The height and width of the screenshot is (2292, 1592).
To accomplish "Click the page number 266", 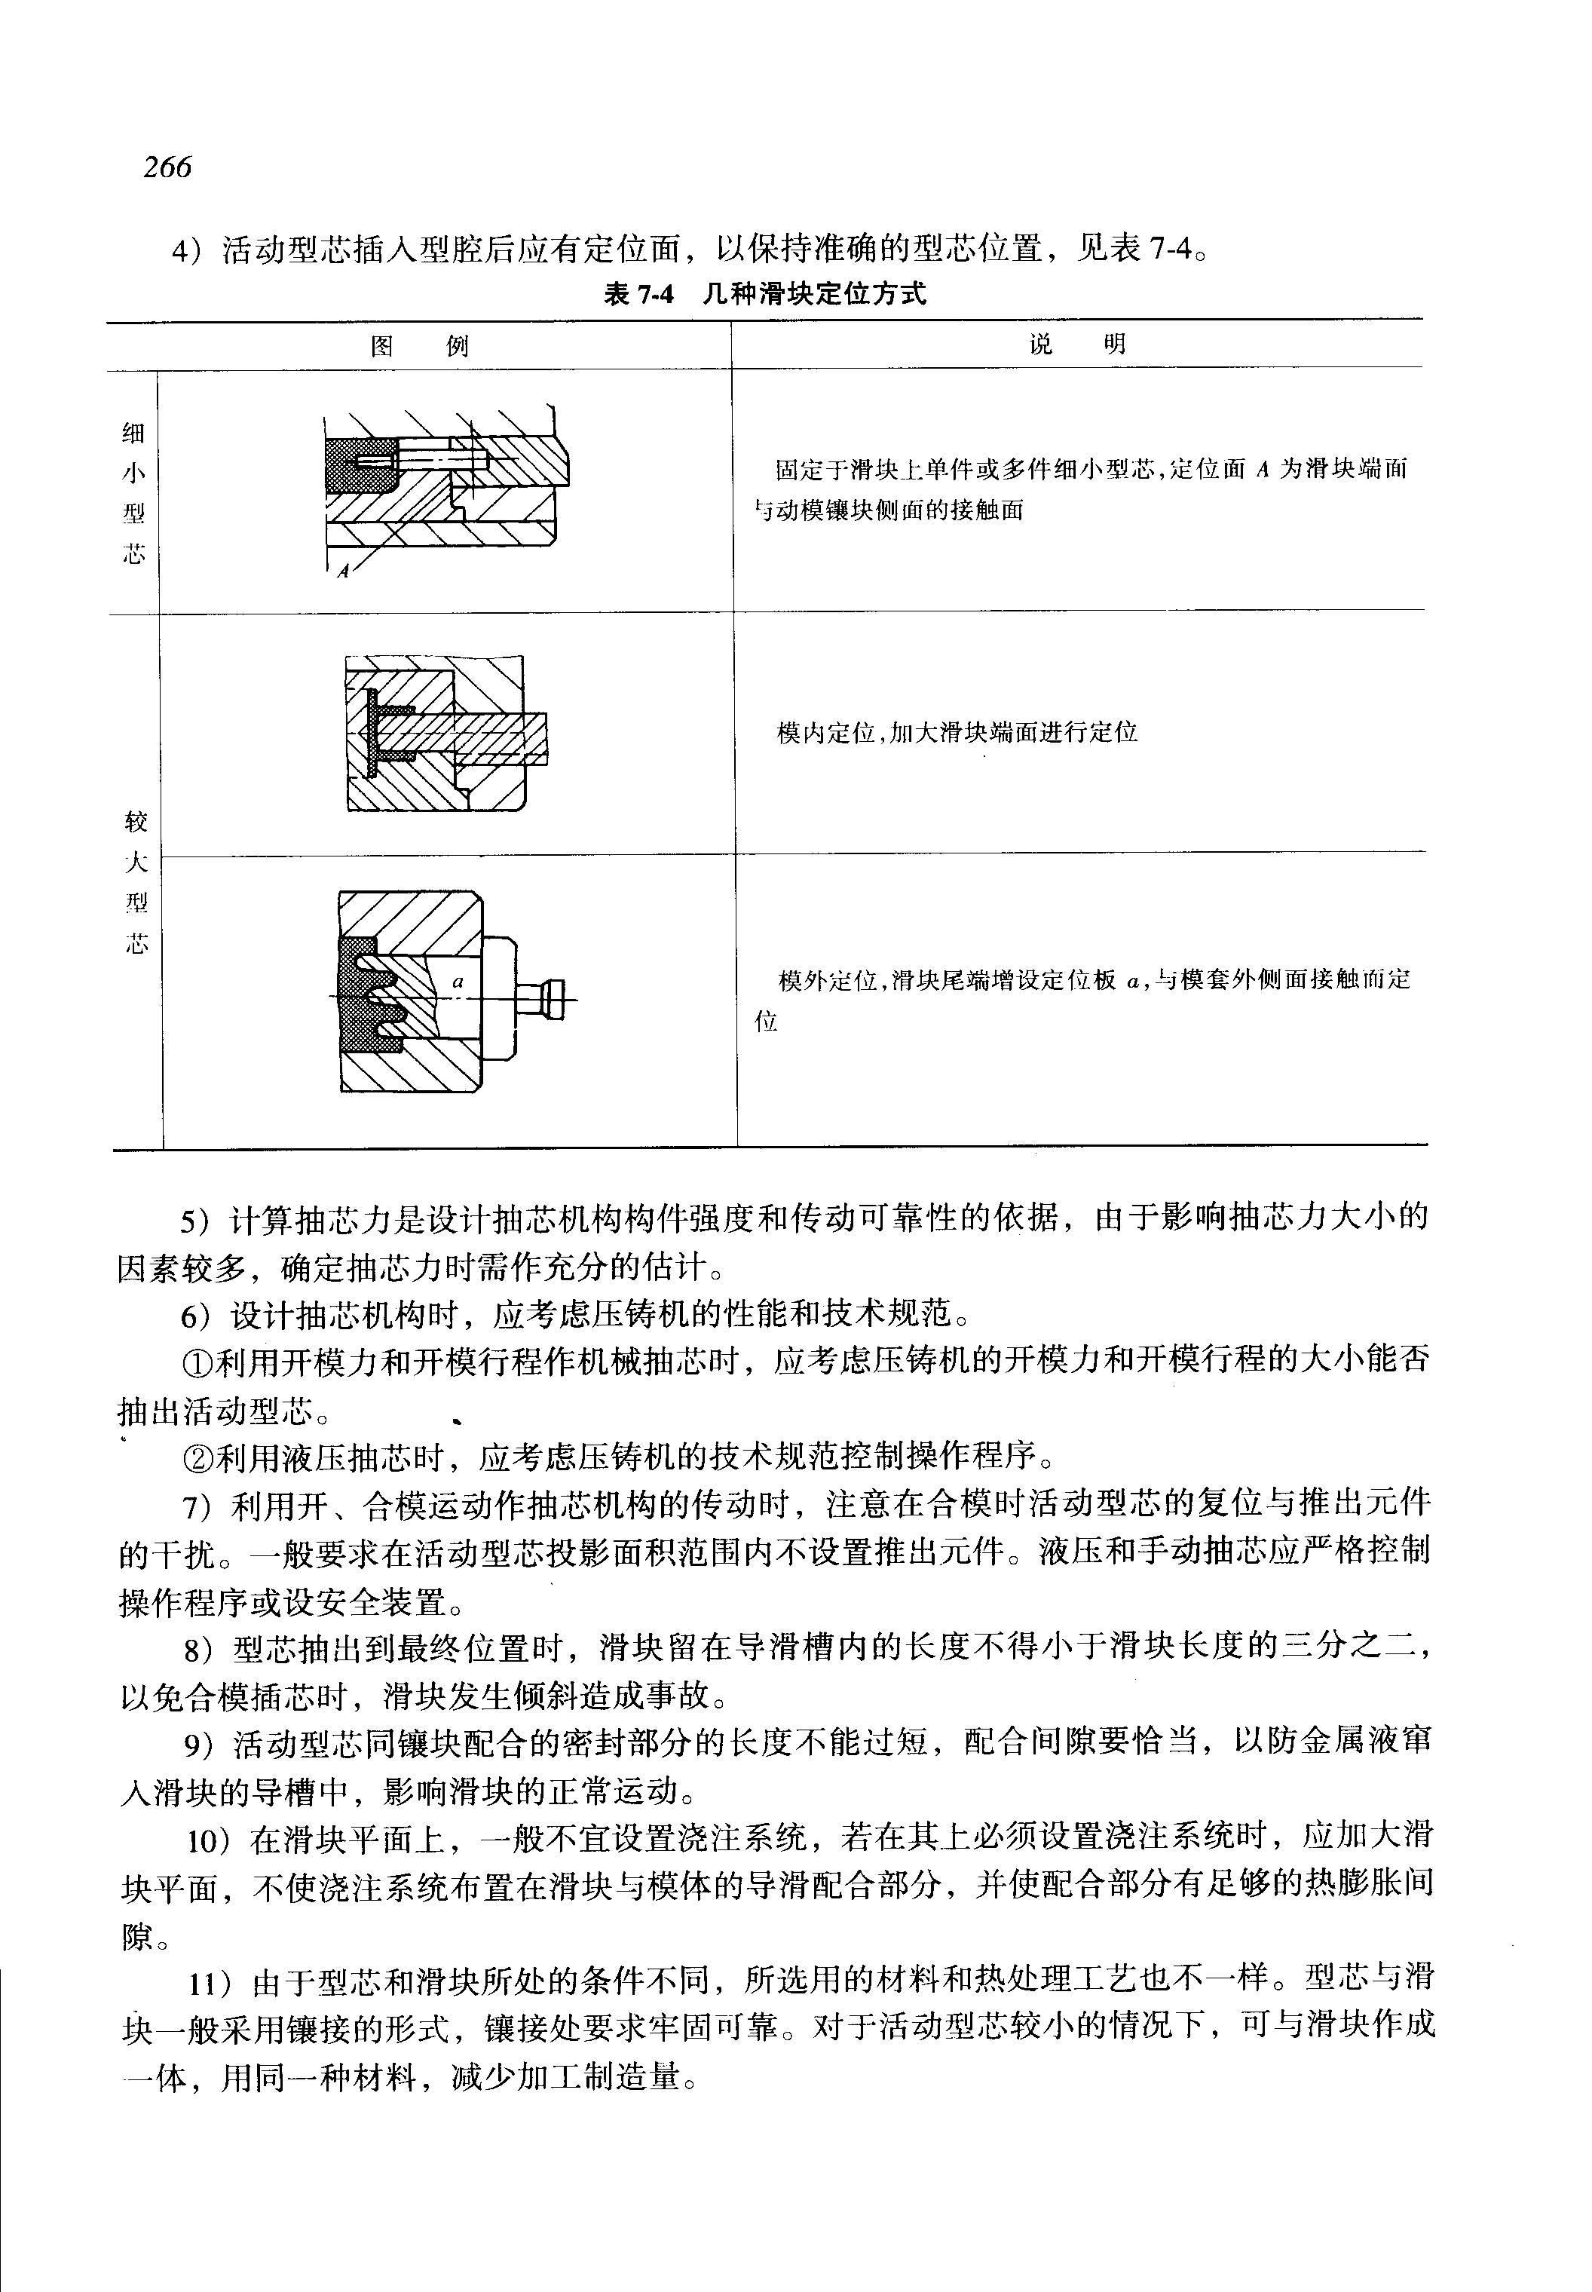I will click(x=167, y=167).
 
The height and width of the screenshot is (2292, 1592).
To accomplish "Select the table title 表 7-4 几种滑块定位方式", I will click(x=764, y=294).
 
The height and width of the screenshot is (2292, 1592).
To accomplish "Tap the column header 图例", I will click(x=419, y=346).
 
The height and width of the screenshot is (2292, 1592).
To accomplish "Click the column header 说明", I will click(x=1077, y=345).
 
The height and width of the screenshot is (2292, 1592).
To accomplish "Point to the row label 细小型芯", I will click(x=133, y=493).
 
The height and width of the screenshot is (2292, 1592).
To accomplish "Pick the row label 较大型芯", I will click(x=136, y=882).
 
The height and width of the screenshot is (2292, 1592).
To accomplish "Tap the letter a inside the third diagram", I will click(x=458, y=982).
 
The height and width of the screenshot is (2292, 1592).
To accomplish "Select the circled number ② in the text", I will click(x=197, y=1459).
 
